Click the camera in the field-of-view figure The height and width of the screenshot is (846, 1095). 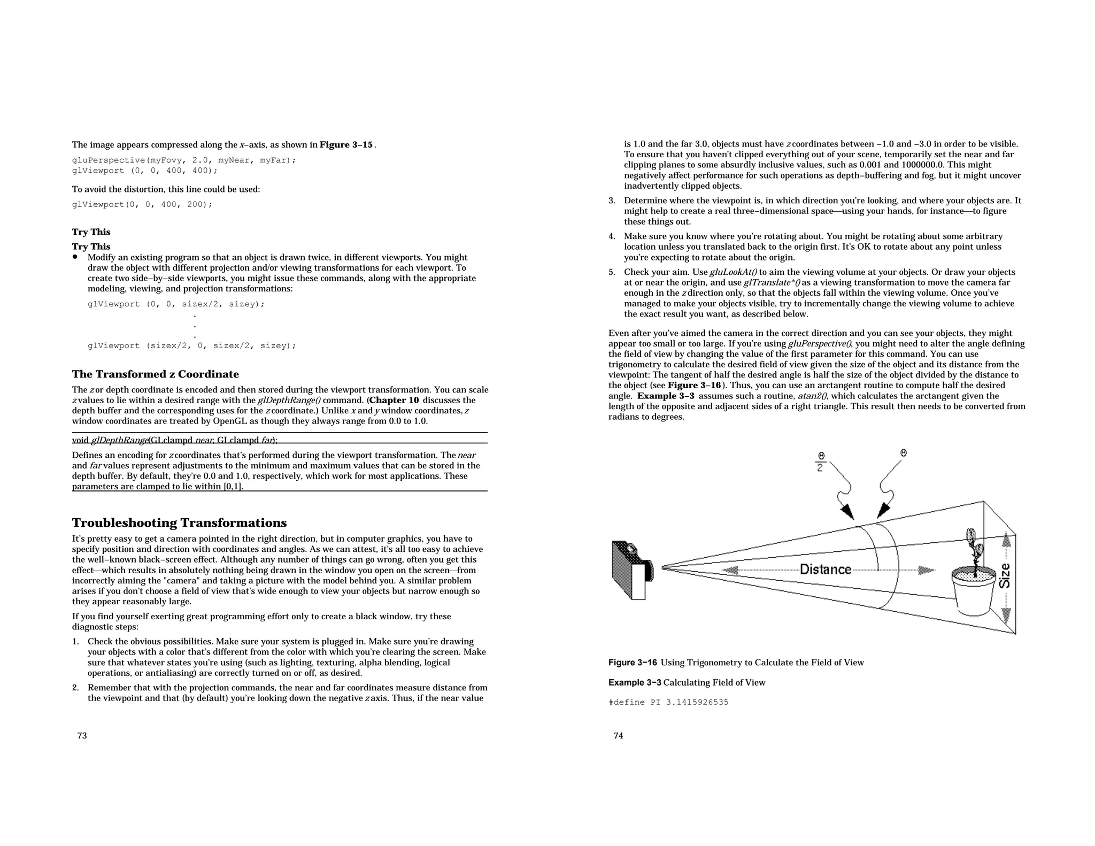[631, 570]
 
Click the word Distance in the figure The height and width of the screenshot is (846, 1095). [826, 570]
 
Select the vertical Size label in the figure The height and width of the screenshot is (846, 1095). [1005, 576]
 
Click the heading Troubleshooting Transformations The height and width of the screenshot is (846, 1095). [179, 522]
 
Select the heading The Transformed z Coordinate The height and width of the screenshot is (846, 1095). [155, 374]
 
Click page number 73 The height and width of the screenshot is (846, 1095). [82, 736]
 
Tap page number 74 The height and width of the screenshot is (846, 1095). [618, 736]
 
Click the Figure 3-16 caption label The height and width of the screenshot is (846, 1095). [633, 663]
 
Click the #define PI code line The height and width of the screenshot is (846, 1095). [668, 702]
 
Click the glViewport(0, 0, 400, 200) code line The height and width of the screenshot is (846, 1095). [142, 204]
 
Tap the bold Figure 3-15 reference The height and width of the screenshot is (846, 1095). [346, 145]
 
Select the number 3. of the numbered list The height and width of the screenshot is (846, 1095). [612, 201]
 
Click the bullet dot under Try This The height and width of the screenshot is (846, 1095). [75, 257]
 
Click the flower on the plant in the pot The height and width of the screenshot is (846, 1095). [971, 535]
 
